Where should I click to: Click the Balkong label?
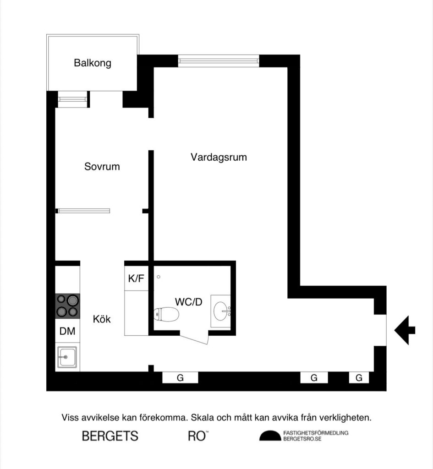tap(93, 63)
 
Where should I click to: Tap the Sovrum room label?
tap(102, 166)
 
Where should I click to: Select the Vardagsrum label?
tap(219, 157)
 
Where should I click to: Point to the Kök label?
tap(102, 319)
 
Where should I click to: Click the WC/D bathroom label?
tap(188, 302)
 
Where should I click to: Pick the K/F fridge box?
tap(136, 278)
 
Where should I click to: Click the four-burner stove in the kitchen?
tap(67, 306)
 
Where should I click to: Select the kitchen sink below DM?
tap(67, 357)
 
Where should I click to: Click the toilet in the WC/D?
tap(166, 314)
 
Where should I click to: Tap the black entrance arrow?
tap(405, 330)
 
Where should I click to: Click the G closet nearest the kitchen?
tap(180, 378)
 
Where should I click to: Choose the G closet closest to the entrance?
tap(359, 378)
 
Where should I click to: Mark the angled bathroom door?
tap(194, 338)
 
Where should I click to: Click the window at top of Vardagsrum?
tap(218, 61)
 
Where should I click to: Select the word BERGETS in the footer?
tap(110, 436)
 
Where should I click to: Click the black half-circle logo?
tap(270, 436)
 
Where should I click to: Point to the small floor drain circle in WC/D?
tap(159, 277)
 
